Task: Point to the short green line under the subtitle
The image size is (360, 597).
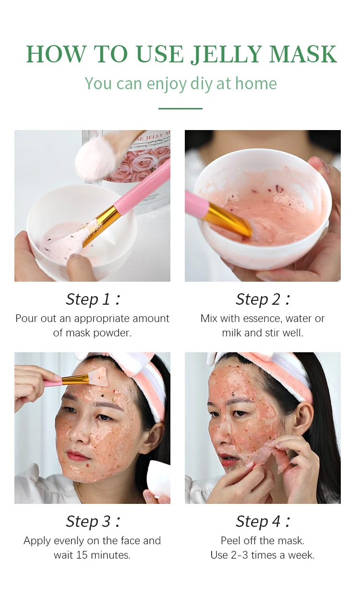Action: [x=180, y=108]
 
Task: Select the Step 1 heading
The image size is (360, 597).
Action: [x=92, y=299]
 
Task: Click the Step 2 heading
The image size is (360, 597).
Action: [x=263, y=299]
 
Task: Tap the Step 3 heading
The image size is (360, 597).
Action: [x=92, y=521]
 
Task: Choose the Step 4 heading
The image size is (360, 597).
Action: [x=263, y=521]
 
